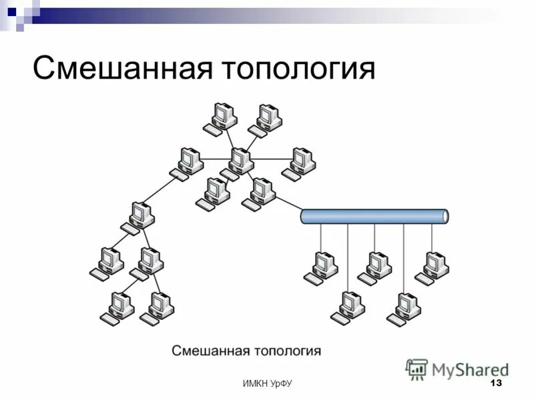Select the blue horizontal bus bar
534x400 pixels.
(374, 216)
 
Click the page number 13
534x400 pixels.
(495, 383)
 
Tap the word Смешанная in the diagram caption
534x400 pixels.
(211, 350)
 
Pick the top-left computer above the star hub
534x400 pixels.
(222, 117)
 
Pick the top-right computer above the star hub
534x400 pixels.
(267, 119)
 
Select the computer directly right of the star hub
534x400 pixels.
(300, 161)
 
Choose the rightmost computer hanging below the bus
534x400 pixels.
(433, 265)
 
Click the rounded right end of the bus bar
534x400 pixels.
(444, 216)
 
